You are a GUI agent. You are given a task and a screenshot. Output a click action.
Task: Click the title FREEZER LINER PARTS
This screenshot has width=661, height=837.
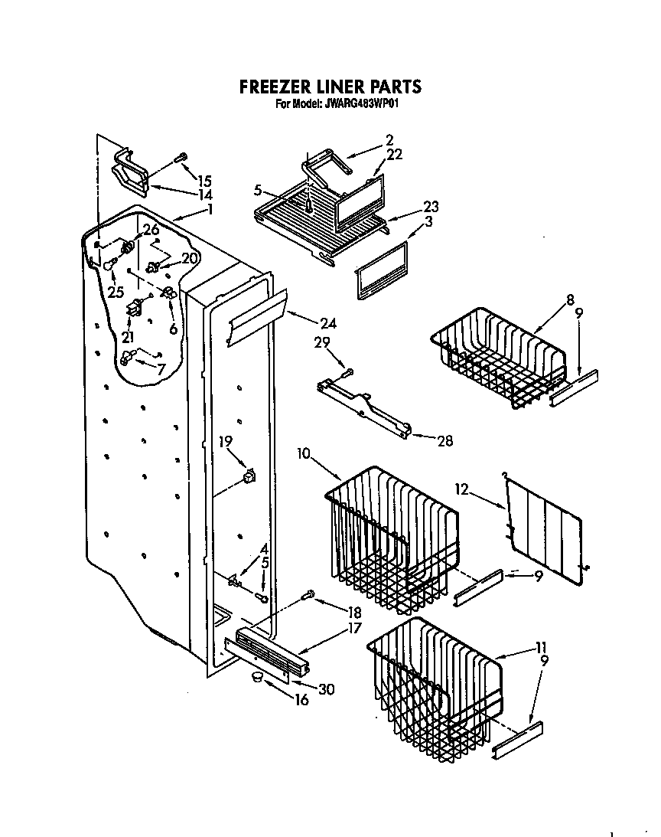pyautogui.click(x=330, y=87)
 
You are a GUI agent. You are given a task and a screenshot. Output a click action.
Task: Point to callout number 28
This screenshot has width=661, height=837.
pyautogui.click(x=443, y=440)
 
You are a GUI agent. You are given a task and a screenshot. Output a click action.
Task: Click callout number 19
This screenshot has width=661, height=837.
pyautogui.click(x=225, y=440)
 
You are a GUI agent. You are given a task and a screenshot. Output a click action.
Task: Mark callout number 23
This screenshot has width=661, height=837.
pyautogui.click(x=431, y=206)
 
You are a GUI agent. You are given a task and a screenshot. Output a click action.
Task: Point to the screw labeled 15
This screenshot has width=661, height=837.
pyautogui.click(x=181, y=158)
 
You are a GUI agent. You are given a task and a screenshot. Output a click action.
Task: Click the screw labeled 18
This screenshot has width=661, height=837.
pyautogui.click(x=310, y=593)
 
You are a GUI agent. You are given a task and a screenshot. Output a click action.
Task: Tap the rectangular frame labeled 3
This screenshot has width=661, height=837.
pyautogui.click(x=380, y=270)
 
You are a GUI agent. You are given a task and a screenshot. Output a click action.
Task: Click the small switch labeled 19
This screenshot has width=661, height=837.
pyautogui.click(x=248, y=478)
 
